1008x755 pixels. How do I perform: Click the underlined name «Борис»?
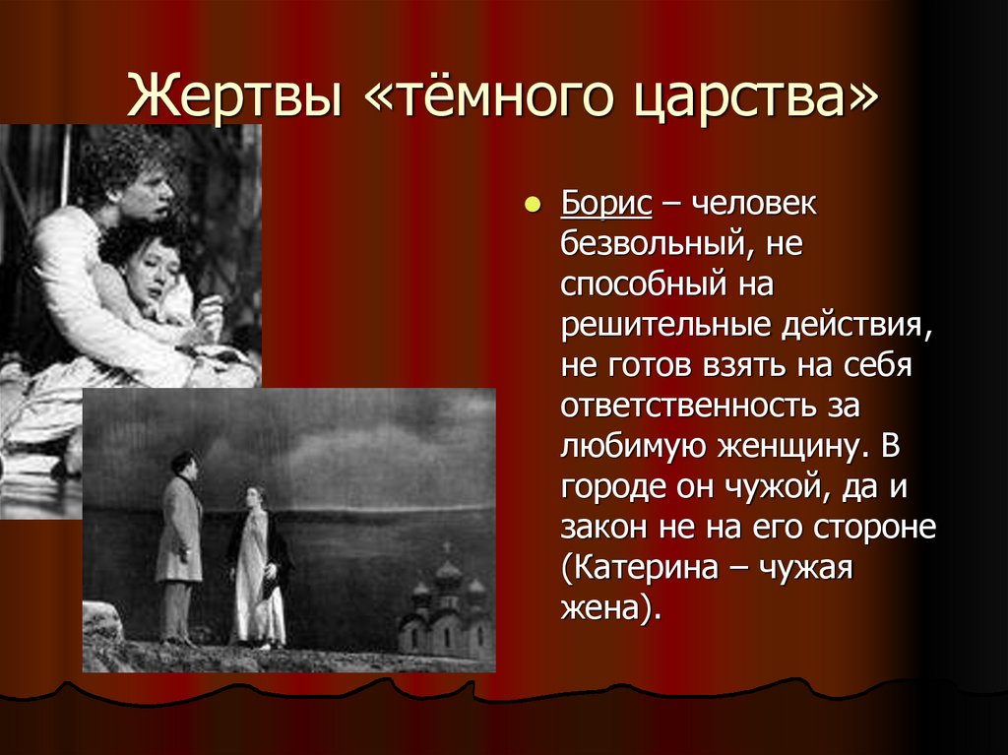pos(606,206)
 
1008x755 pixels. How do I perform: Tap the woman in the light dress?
pos(258,566)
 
